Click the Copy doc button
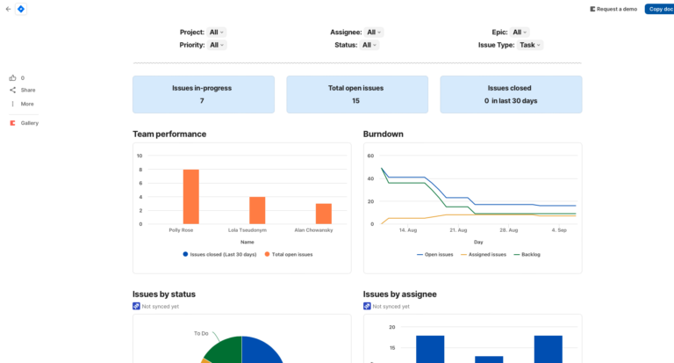[x=660, y=9]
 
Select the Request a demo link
[x=614, y=9]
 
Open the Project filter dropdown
[x=217, y=32]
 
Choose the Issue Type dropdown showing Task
[x=530, y=45]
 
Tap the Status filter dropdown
[x=369, y=45]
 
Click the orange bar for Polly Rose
[x=190, y=197]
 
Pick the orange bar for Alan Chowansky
[x=324, y=214]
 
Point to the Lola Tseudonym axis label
[x=247, y=230]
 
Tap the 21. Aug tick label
[x=457, y=230]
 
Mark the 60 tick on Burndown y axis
[x=370, y=156]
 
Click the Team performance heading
[x=169, y=134]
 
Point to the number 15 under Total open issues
[x=355, y=100]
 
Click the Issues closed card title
[x=509, y=88]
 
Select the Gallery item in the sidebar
[x=29, y=123]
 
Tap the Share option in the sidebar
[x=28, y=90]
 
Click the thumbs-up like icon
[x=13, y=77]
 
